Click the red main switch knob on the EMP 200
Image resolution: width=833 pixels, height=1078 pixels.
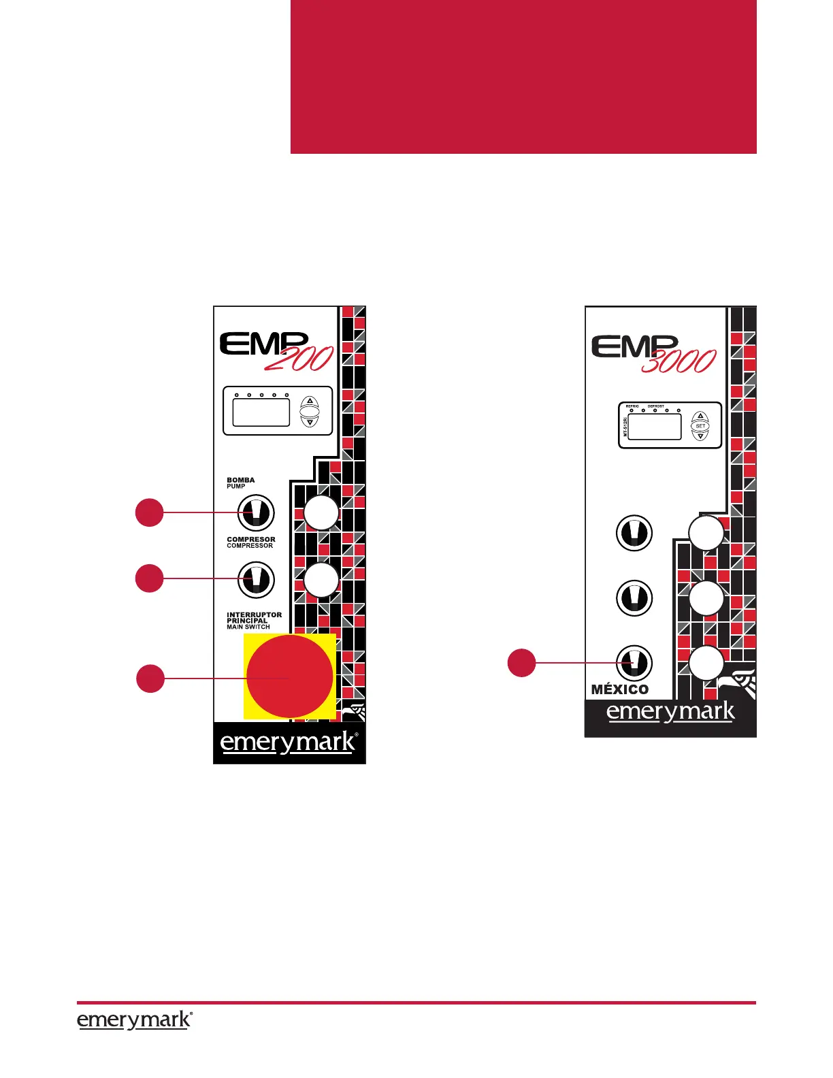290,676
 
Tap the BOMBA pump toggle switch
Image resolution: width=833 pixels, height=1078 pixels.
256,513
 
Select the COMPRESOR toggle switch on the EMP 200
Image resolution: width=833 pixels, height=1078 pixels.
256,579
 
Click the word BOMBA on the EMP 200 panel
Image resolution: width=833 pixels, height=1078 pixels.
241,480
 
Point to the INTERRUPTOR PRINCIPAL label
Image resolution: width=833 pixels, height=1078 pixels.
254,618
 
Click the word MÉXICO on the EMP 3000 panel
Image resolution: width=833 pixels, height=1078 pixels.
620,689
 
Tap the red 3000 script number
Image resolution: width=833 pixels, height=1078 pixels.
679,361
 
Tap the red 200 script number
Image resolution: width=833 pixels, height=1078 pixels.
299,359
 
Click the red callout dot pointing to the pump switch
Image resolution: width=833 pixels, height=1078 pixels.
149,512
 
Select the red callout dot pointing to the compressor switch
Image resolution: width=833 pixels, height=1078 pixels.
149,578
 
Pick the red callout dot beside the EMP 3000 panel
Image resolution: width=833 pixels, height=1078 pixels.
521,663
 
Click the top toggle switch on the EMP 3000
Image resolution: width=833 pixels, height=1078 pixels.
634,533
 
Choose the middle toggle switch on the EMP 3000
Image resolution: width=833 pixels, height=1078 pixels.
634,598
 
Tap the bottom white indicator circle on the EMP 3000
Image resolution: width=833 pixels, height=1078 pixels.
706,663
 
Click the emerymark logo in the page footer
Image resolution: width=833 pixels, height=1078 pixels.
134,1020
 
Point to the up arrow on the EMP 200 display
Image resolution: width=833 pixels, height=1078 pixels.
310,402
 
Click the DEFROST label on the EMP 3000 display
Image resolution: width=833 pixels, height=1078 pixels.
656,406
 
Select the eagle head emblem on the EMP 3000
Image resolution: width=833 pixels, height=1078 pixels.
740,683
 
